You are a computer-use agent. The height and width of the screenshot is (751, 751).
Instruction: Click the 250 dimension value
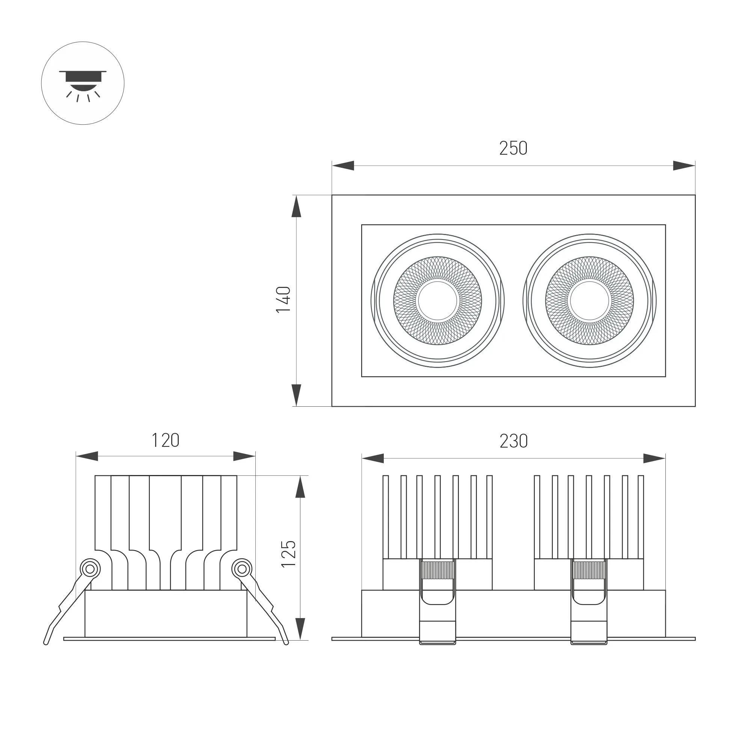coord(513,148)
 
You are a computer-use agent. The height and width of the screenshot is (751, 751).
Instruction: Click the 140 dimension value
coord(284,299)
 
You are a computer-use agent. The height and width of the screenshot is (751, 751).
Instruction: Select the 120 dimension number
coord(165,440)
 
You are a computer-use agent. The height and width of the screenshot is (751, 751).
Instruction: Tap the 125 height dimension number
coord(289,554)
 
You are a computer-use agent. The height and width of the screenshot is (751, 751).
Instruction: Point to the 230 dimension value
coord(513,441)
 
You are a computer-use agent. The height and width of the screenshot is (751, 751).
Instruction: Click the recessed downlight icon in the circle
coord(83,83)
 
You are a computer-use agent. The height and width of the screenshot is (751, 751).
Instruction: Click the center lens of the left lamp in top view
coord(438,300)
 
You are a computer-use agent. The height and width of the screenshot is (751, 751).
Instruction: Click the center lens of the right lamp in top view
coord(590,300)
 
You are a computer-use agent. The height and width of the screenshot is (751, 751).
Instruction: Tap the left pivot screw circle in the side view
coord(90,570)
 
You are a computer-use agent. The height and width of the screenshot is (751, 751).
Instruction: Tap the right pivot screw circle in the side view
coord(242,570)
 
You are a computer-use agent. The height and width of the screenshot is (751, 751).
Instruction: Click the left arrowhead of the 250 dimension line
coord(343,166)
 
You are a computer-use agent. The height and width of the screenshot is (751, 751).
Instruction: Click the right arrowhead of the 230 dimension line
coord(654,459)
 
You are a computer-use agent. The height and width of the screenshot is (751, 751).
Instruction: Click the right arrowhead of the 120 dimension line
coord(244,456)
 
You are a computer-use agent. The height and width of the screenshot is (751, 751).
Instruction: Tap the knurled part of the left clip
coord(438,571)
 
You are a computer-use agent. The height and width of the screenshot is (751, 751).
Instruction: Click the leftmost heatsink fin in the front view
coord(386,517)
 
